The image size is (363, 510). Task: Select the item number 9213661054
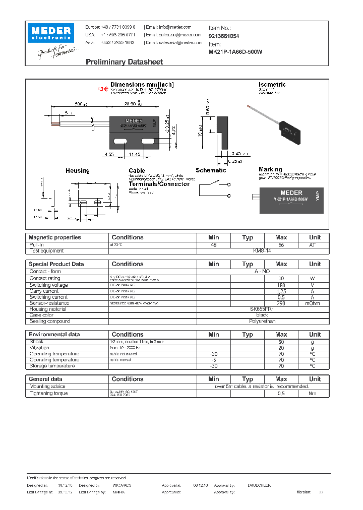click(224, 36)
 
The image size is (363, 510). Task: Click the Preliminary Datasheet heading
click(124, 62)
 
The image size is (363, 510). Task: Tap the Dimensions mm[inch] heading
click(142, 85)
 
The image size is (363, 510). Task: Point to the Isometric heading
click(272, 85)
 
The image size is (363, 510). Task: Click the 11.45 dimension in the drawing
click(134, 154)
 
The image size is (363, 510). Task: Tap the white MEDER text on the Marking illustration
click(291, 193)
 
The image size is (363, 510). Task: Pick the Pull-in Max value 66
click(281, 244)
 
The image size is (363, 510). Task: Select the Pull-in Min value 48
click(213, 244)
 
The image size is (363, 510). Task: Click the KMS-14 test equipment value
click(262, 250)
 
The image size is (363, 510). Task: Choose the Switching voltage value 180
click(281, 285)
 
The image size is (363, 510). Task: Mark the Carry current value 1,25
click(281, 291)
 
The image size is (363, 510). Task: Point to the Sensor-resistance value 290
click(281, 303)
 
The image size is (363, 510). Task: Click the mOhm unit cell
click(315, 303)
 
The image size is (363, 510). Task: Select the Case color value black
click(262, 315)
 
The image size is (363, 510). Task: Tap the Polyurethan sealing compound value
click(262, 321)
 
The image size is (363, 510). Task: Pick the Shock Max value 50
click(281, 342)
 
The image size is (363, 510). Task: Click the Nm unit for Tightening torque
click(315, 393)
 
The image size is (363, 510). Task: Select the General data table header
click(46, 379)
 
